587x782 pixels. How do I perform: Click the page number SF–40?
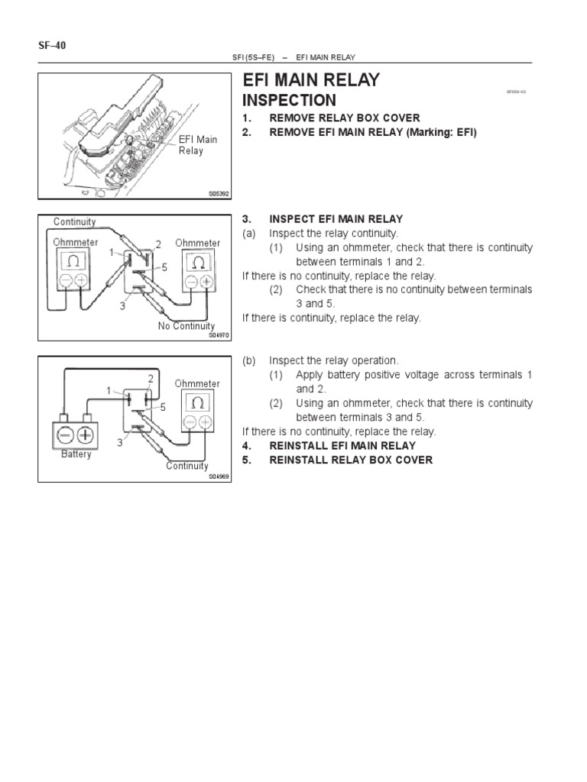point(53,46)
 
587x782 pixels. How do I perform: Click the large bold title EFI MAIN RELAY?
point(310,81)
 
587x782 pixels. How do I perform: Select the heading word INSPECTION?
point(288,101)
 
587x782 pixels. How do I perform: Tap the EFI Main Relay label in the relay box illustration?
point(198,145)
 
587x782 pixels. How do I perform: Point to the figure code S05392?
point(219,194)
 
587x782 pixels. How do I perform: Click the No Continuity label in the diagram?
point(186,326)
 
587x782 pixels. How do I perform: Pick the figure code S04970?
point(219,334)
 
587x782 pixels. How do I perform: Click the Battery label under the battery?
point(76,454)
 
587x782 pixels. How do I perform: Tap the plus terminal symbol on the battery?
point(86,436)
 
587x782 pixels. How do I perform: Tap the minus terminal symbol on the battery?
point(64,436)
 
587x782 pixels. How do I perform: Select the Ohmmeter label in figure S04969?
point(197,383)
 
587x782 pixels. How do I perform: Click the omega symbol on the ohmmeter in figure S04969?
point(197,402)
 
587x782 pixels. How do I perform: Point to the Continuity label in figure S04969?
point(187,466)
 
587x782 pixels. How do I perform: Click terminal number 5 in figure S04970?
point(164,267)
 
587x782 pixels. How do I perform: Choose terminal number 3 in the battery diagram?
point(120,442)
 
